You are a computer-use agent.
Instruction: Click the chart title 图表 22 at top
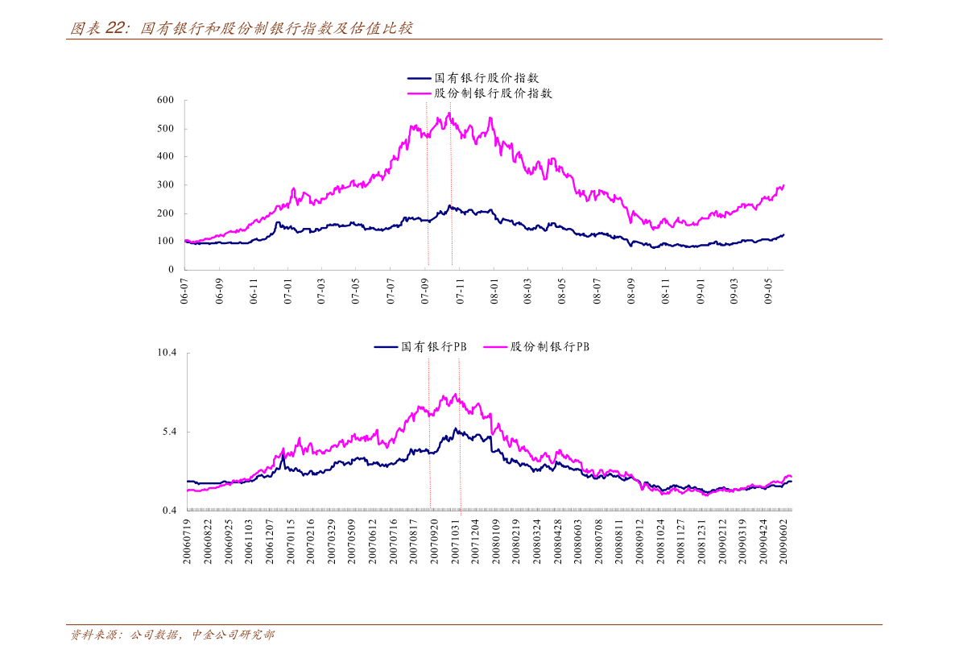click(242, 29)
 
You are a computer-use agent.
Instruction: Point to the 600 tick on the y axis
click(165, 100)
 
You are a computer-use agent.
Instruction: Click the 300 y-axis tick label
click(165, 184)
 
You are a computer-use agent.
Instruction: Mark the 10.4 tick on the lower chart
click(167, 354)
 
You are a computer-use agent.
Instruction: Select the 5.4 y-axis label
click(169, 432)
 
